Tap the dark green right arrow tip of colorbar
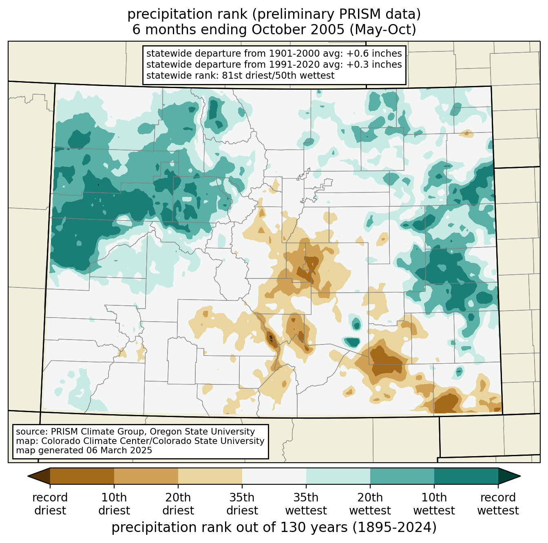tap(520, 476)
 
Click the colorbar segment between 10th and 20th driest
tap(146, 476)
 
